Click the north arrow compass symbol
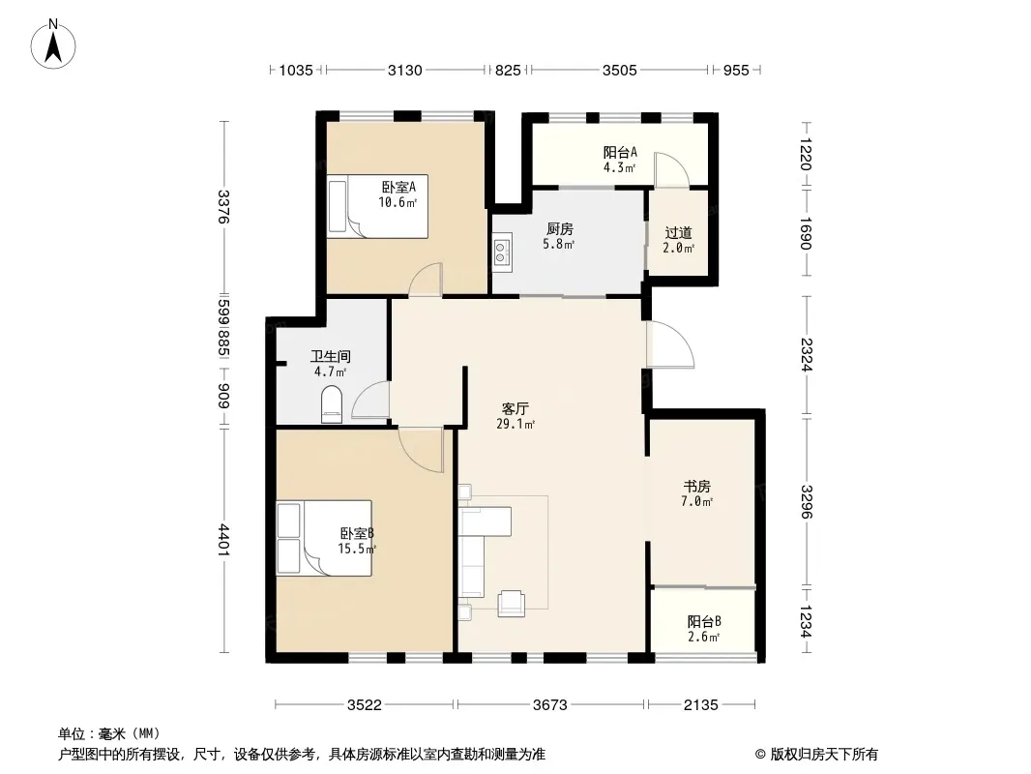[53, 44]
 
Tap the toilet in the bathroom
[332, 403]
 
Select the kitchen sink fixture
[502, 251]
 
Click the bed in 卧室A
[377, 206]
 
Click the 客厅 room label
[515, 409]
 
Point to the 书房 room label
[697, 486]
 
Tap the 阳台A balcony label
[620, 153]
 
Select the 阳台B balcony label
[704, 621]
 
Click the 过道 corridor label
[679, 233]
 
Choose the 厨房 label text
[560, 229]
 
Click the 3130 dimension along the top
[405, 70]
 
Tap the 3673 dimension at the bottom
[549, 705]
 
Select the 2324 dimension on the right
[806, 354]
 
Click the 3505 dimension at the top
[620, 70]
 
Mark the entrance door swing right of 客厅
[670, 343]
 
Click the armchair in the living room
[512, 604]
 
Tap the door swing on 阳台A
[671, 169]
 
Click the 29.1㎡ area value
[515, 424]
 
